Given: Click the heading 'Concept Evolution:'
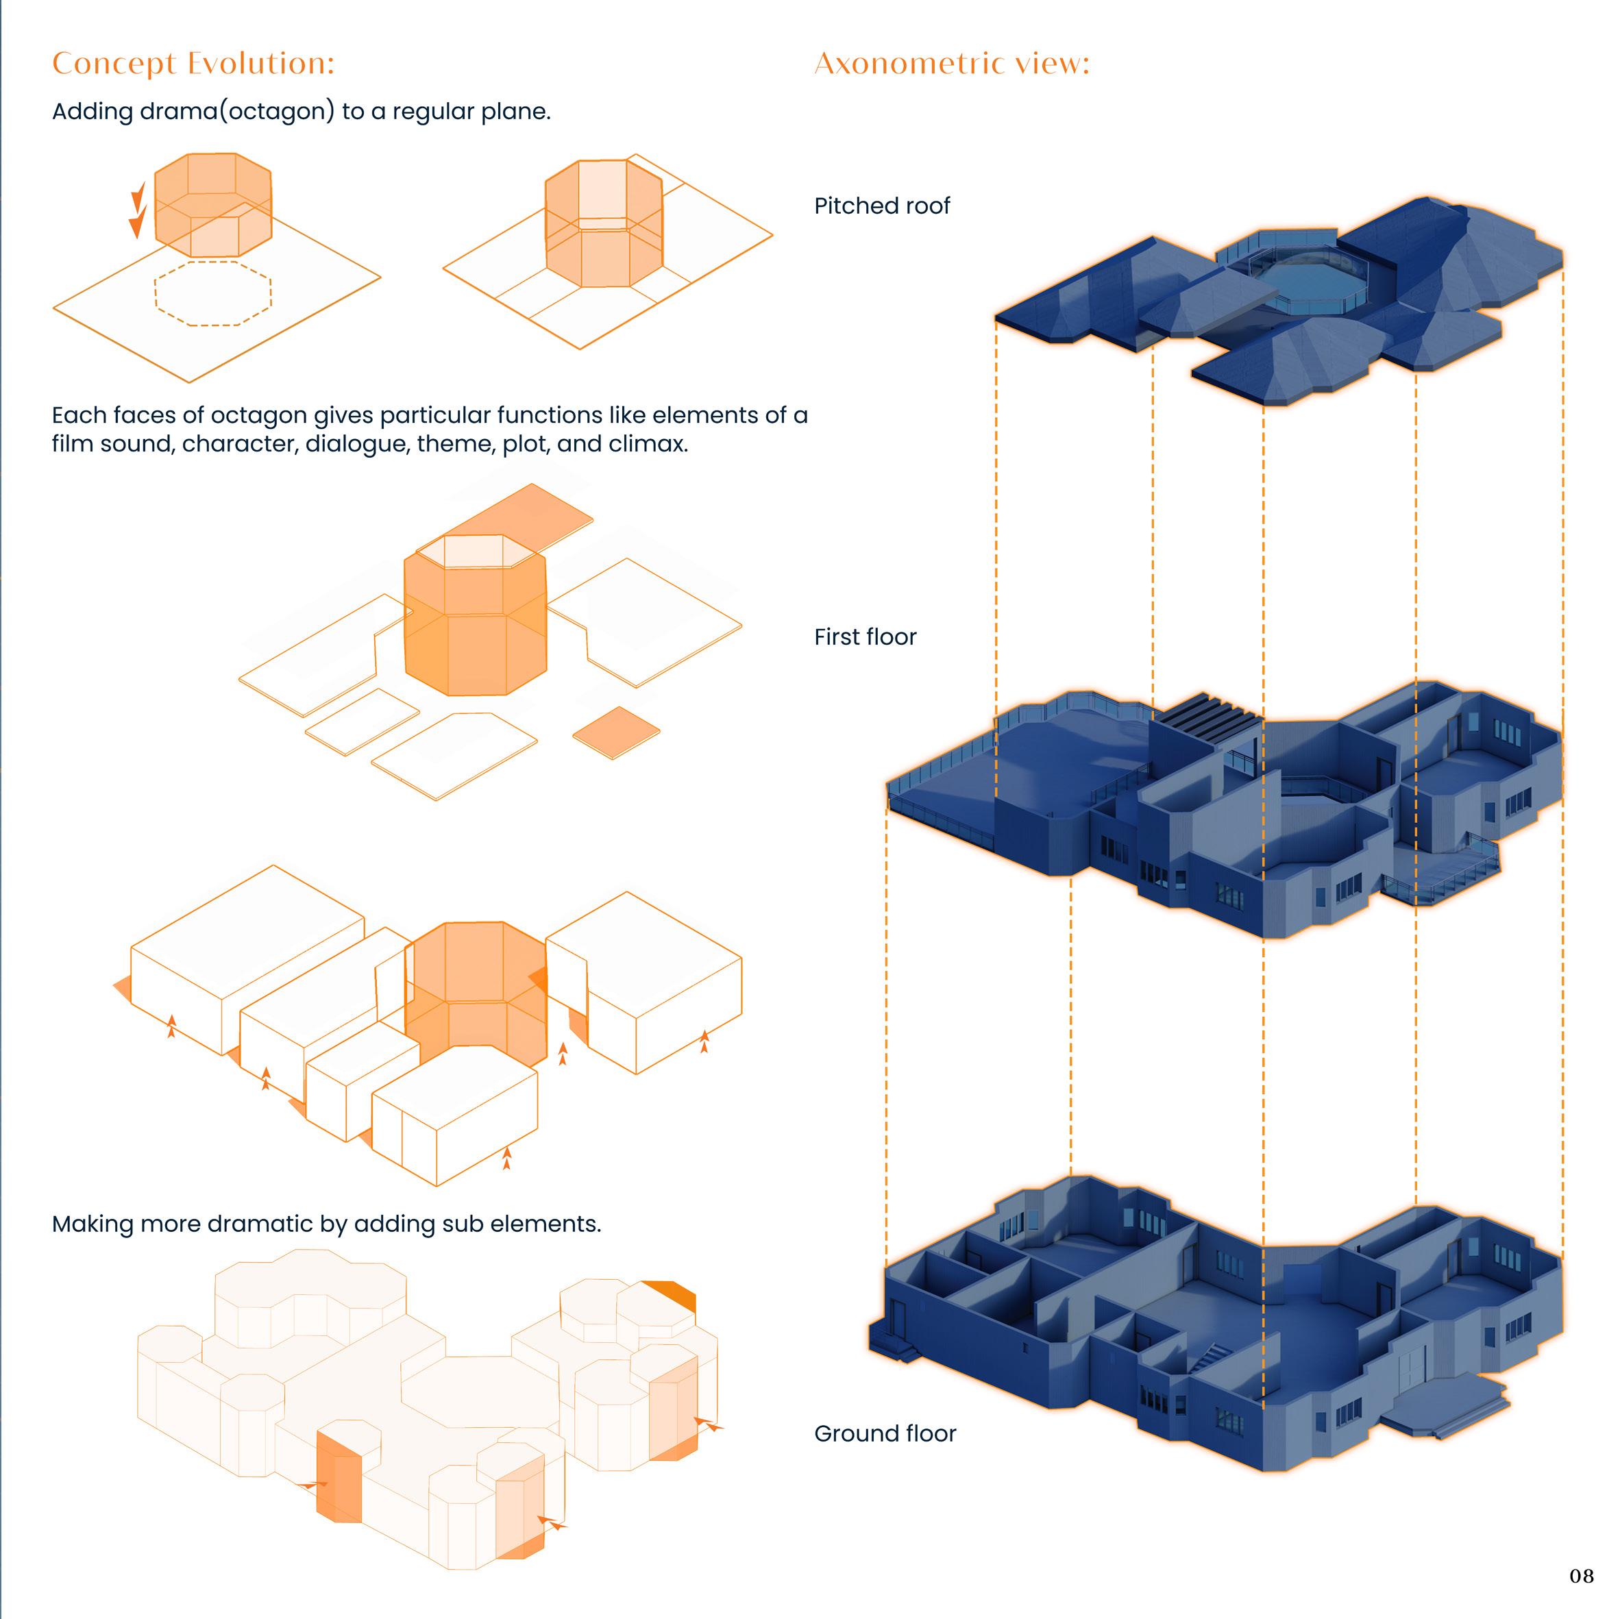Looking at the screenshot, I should (193, 64).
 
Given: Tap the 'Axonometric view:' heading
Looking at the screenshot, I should (951, 64).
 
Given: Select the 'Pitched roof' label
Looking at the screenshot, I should (881, 206).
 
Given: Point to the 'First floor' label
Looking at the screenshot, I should (865, 637).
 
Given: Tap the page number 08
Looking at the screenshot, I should (1580, 1577).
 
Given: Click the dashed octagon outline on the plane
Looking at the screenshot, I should (212, 293).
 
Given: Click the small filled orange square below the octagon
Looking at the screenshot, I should (615, 732).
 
